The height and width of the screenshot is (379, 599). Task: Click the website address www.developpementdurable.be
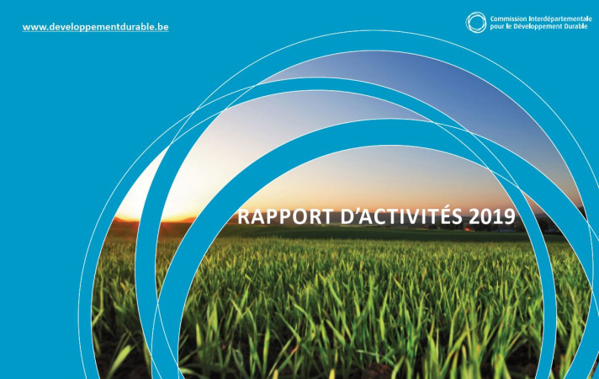[x=96, y=27]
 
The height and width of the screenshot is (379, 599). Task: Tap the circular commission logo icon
[x=476, y=22]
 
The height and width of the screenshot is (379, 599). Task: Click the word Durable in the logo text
[x=572, y=26]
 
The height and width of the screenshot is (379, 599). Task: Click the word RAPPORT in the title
[x=285, y=216]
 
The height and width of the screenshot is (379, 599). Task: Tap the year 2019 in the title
[x=492, y=216]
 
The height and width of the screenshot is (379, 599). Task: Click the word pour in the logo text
[x=496, y=27]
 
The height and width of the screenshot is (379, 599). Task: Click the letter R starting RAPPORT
[x=243, y=216]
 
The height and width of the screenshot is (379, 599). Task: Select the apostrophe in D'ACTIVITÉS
[x=354, y=211]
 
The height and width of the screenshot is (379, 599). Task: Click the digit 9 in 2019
[x=510, y=216]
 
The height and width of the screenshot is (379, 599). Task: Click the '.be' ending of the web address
[x=162, y=27]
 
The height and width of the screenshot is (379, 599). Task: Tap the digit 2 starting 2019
[x=474, y=216]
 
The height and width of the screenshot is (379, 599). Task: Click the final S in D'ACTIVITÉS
[x=458, y=216]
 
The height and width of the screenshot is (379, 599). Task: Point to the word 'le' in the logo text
[x=507, y=26]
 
